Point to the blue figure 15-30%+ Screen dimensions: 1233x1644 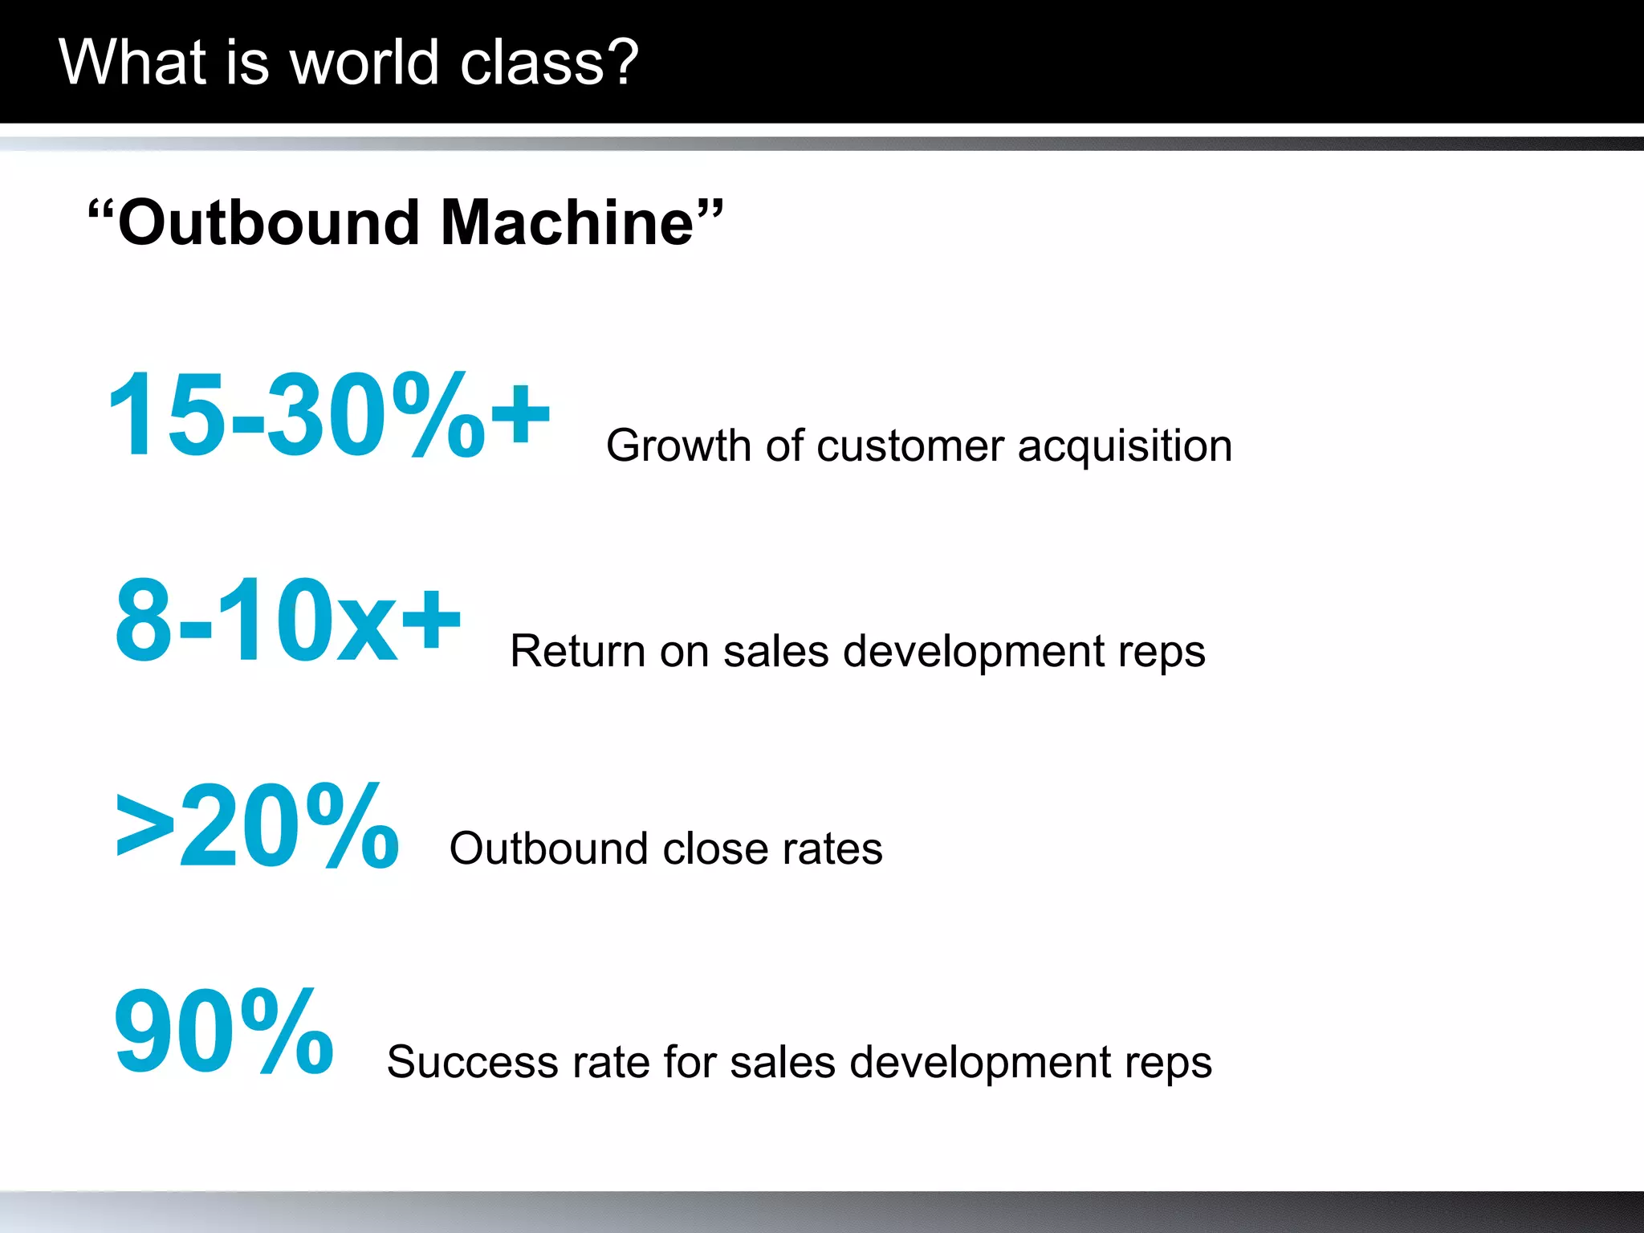tap(328, 415)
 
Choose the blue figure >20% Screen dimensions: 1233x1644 tap(257, 826)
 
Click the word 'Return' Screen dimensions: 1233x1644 tap(577, 651)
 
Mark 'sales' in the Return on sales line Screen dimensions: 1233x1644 tap(775, 651)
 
